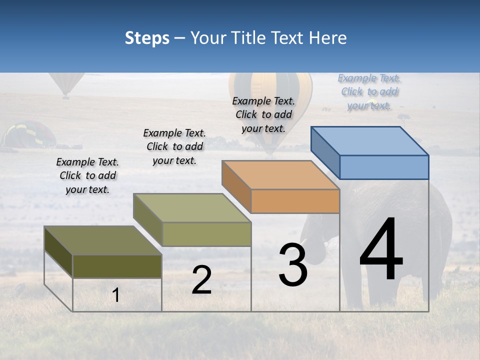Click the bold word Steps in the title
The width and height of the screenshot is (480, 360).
click(x=147, y=38)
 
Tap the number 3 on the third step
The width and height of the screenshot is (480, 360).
click(x=293, y=265)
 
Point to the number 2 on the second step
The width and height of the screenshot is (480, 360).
click(x=201, y=280)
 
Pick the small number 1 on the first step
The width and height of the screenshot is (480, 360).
click(x=116, y=295)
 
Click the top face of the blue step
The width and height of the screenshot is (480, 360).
click(x=369, y=140)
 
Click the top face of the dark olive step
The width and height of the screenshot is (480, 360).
click(x=103, y=240)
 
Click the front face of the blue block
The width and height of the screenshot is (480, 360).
click(x=384, y=167)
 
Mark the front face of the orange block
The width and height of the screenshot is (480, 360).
click(x=295, y=201)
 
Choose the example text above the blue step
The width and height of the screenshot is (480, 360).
click(x=369, y=91)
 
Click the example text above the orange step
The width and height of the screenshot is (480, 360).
click(x=263, y=114)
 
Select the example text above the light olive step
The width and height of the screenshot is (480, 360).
click(x=174, y=146)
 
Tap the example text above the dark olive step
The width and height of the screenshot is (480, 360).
click(x=87, y=175)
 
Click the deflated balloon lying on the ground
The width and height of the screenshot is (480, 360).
click(x=29, y=135)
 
